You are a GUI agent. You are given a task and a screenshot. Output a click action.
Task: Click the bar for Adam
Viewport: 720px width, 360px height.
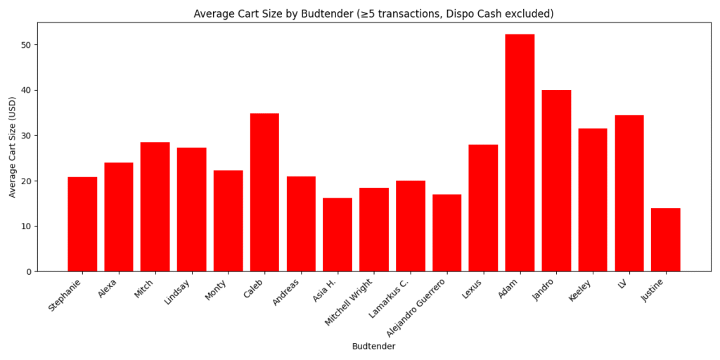(x=520, y=153)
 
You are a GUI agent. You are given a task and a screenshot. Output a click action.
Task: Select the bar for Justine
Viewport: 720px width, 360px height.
(x=665, y=240)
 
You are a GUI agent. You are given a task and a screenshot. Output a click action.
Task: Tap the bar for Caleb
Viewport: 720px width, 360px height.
(x=264, y=192)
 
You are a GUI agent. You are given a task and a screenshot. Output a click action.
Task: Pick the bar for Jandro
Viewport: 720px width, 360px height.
(x=556, y=181)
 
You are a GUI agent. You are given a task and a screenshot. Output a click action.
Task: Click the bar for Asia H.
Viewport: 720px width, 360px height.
(x=337, y=234)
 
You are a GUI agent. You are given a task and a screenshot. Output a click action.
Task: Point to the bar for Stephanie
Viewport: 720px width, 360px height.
(x=82, y=224)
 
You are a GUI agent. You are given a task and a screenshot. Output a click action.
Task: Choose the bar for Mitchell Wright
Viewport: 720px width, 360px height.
(x=374, y=229)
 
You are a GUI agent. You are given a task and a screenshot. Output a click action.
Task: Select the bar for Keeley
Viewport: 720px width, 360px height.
(x=593, y=200)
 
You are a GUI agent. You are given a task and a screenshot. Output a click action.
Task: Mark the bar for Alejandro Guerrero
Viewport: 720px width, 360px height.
(x=446, y=233)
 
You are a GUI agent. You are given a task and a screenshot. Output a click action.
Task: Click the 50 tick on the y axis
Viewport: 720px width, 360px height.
(x=26, y=45)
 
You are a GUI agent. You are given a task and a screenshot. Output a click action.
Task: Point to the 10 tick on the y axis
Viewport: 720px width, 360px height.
(x=26, y=226)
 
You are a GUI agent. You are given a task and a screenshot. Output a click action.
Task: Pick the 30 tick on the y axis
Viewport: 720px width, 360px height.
(x=26, y=136)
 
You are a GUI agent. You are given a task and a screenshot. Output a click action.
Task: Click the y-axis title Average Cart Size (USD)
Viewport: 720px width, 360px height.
(x=12, y=146)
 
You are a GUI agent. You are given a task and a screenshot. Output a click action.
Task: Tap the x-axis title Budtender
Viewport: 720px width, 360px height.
(x=373, y=347)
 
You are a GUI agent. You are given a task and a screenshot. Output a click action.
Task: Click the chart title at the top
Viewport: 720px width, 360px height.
(x=373, y=13)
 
